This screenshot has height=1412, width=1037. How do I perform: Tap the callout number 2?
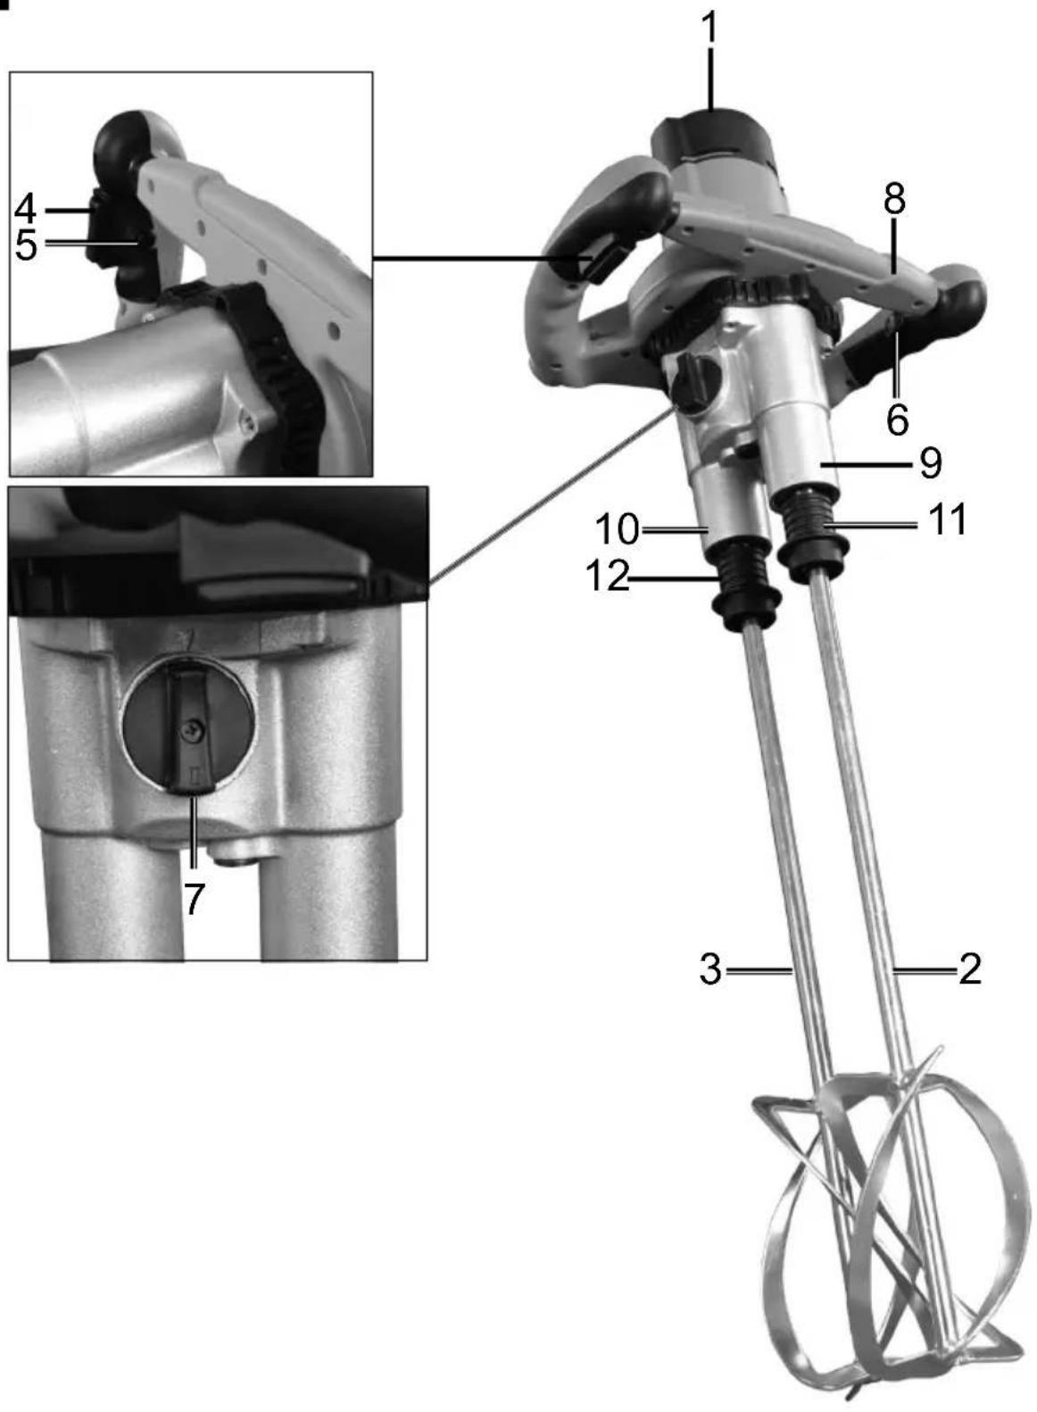pyautogui.click(x=970, y=969)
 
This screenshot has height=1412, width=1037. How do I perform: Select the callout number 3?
pyautogui.click(x=710, y=969)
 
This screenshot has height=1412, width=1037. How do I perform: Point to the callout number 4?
pyautogui.click(x=25, y=209)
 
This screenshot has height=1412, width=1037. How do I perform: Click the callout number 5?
pyautogui.click(x=25, y=245)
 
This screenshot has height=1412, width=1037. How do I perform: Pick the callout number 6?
pyautogui.click(x=898, y=419)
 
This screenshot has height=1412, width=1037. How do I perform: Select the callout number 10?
pyautogui.click(x=618, y=529)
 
